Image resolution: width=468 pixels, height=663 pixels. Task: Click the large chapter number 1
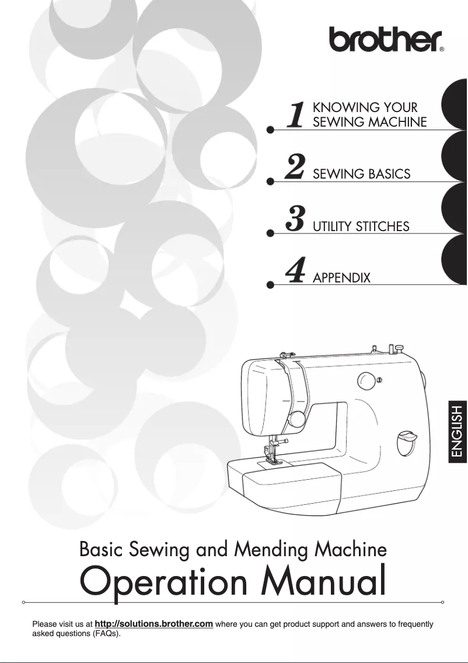pyautogui.click(x=297, y=114)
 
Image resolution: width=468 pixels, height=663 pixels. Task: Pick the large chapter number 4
pyautogui.click(x=295, y=271)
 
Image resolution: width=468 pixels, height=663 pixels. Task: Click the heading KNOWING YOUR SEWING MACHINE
pyautogui.click(x=369, y=115)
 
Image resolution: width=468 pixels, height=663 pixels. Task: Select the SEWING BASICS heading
pyautogui.click(x=361, y=174)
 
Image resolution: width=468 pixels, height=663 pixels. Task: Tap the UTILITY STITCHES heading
pyautogui.click(x=361, y=226)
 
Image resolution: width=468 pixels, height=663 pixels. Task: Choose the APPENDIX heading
pyautogui.click(x=341, y=278)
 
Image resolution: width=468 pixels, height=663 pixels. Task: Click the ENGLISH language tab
pyautogui.click(x=457, y=431)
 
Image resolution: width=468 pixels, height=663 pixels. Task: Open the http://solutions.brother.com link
pyautogui.click(x=153, y=624)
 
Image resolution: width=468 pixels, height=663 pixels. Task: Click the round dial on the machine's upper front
pyautogui.click(x=366, y=380)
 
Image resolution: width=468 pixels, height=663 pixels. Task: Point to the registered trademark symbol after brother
pyautogui.click(x=442, y=50)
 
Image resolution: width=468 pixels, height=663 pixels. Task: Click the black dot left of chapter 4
pyautogui.click(x=270, y=285)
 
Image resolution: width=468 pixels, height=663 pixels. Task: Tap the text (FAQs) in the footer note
pyautogui.click(x=106, y=634)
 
